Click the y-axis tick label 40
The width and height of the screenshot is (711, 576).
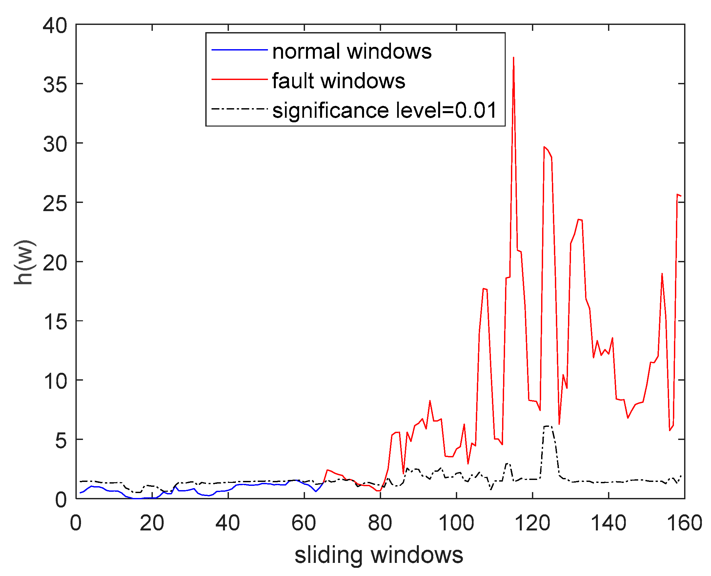55,26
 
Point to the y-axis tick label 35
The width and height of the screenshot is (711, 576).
55,85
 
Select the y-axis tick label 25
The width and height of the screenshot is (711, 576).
55,204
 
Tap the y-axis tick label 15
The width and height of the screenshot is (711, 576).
55,322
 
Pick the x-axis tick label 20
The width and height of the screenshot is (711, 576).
152,524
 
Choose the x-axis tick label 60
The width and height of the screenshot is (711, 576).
304,524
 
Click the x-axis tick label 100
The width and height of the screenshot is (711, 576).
456,524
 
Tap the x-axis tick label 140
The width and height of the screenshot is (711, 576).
608,524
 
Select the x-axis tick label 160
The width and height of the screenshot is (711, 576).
684,524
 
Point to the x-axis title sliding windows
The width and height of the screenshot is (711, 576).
379,555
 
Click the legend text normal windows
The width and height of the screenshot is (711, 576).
352,51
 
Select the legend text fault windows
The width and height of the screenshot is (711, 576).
338,81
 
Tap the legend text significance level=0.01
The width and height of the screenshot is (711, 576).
384,110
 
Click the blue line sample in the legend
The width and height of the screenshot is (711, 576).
239,50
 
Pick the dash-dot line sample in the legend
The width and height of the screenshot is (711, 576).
239,109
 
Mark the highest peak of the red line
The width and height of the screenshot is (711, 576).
513,57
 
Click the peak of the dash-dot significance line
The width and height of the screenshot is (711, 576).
547,426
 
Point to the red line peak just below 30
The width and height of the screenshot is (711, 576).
544,147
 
